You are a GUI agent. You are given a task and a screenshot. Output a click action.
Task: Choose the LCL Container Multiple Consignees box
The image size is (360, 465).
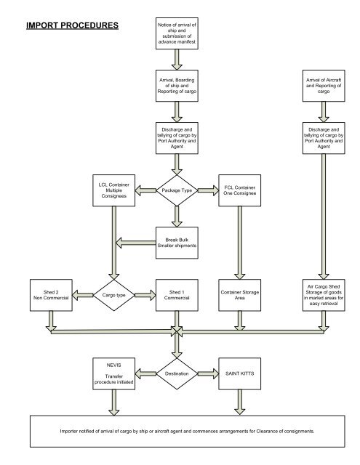point(113,191)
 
